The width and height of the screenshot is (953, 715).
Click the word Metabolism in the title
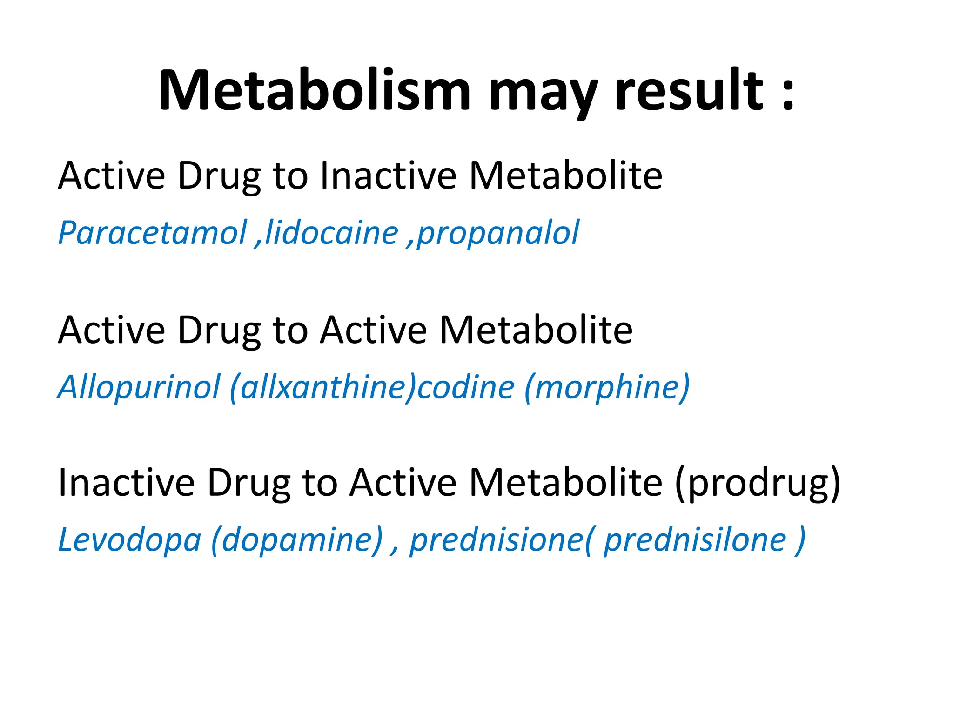coord(315,90)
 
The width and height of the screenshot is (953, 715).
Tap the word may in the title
coord(543,93)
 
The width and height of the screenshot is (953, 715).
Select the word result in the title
coord(689,90)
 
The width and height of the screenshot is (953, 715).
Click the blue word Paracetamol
coord(153,232)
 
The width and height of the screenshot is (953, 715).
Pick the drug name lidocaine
coord(332,232)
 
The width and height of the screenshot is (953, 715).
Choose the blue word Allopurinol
coord(139,387)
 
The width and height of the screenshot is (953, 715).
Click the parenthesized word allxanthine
coord(323,387)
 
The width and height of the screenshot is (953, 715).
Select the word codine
coord(466,387)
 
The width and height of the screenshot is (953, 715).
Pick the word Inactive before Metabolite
coord(388,175)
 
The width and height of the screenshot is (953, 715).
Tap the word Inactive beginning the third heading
coord(126,483)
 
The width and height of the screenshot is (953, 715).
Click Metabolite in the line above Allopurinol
coord(536,330)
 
